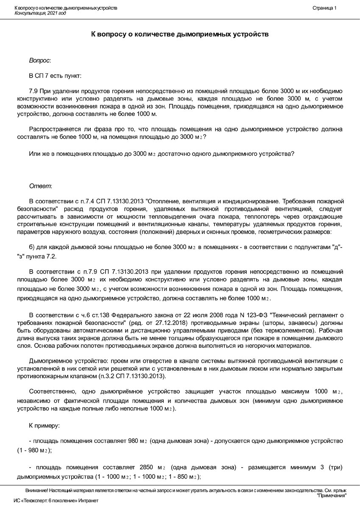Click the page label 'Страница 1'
click(324, 8)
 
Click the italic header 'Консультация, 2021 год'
click(40, 13)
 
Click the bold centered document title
click(180, 34)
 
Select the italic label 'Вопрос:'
click(40, 61)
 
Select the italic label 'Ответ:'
click(40, 186)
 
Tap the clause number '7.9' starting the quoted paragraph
click(33, 91)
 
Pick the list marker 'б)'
click(32, 247)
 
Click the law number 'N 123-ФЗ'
click(239, 315)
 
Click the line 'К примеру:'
click(44, 425)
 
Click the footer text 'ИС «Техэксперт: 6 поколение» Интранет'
click(56, 501)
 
